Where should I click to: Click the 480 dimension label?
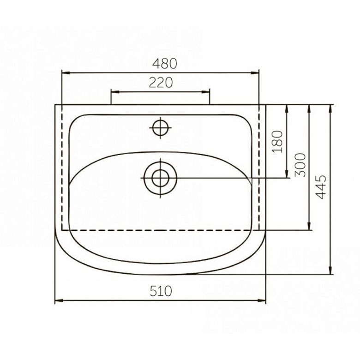165,64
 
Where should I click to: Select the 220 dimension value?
161,83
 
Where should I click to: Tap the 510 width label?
161,291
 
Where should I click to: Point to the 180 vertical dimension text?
277,142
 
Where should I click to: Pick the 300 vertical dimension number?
300,165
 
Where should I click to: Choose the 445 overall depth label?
321,186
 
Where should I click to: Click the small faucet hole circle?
161,128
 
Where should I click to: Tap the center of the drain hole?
160,178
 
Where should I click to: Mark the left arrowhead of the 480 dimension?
66,73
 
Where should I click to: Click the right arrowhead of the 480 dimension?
255,73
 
